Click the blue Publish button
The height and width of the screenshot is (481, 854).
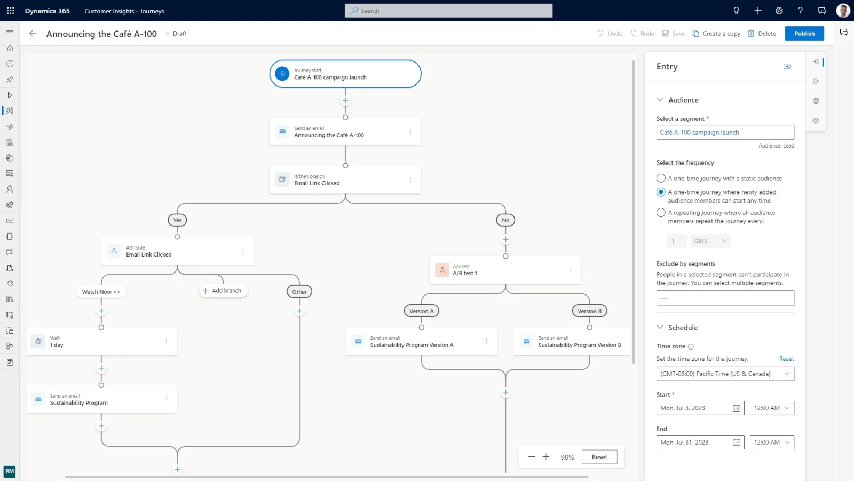coord(804,34)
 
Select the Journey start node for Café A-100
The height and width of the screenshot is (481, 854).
coord(345,74)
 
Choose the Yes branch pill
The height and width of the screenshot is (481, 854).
coord(177,220)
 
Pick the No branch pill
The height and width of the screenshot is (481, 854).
coord(505,220)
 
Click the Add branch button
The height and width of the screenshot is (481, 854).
coord(222,291)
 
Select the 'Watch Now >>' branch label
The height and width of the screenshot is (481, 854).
coord(101,292)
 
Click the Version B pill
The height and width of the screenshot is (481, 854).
coord(589,311)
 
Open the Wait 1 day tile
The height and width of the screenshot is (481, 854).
coord(101,342)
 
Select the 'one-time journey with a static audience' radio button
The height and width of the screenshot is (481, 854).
coord(661,179)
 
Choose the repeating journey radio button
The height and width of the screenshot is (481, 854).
coord(661,213)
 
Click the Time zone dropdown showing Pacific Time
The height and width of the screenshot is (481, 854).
coord(725,374)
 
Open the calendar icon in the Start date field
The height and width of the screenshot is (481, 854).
coord(737,408)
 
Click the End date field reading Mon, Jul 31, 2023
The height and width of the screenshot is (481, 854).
coord(694,443)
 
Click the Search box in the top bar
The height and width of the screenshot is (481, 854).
coord(448,11)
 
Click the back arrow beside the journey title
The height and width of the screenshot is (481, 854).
coord(33,34)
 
